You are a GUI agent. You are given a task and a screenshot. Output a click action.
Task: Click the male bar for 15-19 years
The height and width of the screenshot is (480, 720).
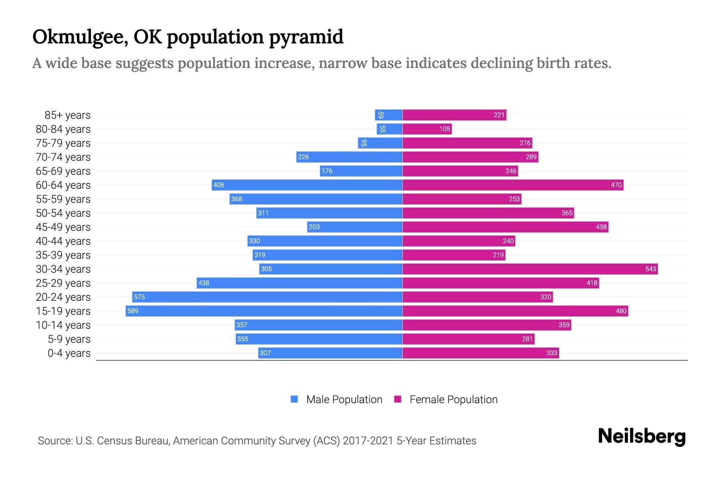coord(264,311)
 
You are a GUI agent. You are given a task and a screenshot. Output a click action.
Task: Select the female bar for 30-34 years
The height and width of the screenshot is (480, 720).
coord(530,269)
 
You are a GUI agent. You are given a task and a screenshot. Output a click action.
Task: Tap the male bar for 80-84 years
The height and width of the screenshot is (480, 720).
coord(390,129)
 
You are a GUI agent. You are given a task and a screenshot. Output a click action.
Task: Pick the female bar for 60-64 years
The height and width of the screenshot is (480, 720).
coord(513,185)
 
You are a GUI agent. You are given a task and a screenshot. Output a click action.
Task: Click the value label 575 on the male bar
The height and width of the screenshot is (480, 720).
coord(139,297)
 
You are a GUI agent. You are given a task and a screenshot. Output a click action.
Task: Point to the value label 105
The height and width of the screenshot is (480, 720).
coord(445,129)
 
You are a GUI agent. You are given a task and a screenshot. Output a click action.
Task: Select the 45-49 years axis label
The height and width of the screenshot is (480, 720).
coord(63,227)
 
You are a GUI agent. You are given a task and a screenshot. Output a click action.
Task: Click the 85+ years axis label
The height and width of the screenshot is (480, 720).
coord(67,115)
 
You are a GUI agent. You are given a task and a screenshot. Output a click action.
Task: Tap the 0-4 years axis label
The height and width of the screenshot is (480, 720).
coord(69,353)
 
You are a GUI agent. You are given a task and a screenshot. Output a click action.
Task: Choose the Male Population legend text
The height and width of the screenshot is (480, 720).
coord(344,399)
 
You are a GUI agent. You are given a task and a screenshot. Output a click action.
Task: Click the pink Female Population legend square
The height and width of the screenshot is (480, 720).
coord(398,399)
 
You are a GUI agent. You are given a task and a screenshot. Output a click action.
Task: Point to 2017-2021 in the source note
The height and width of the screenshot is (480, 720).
coord(368,440)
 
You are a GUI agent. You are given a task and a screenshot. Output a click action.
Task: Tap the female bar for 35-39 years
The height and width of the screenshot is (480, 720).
coord(454,255)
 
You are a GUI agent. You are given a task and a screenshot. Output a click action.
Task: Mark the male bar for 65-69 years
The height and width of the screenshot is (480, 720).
coord(361,171)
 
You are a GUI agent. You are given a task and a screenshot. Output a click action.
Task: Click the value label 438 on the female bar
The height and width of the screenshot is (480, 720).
coord(601,227)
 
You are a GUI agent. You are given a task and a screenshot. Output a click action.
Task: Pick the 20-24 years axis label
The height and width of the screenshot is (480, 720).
coord(63,297)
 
